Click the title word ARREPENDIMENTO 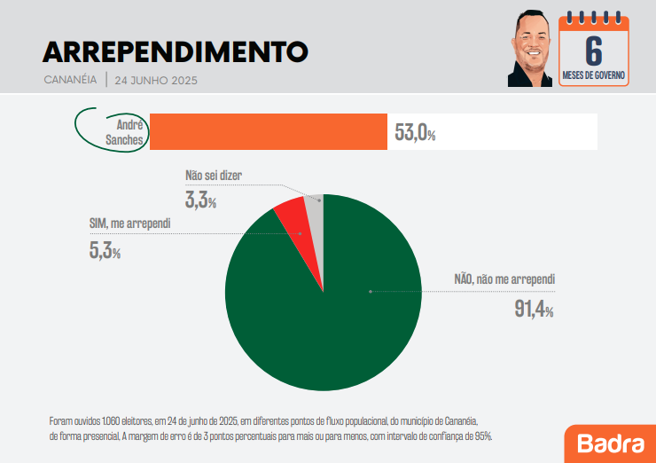click(176, 51)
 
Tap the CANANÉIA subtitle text click(70, 80)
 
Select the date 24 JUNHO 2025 click(156, 80)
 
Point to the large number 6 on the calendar click(593, 50)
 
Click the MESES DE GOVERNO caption click(594, 76)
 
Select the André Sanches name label click(123, 132)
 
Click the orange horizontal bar click(268, 132)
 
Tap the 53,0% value click(415, 133)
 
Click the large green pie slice click(337, 310)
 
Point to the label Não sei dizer click(213, 176)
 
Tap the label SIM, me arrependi click(129, 224)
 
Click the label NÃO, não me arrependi click(504, 279)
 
